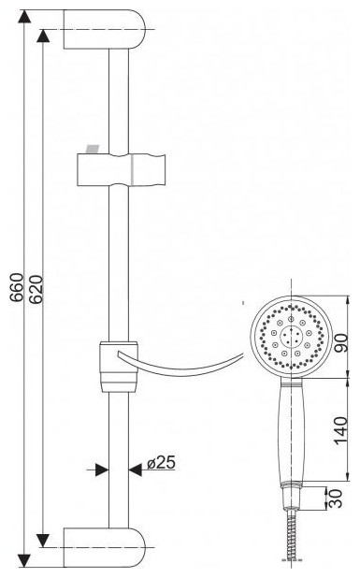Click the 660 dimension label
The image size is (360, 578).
click(17, 288)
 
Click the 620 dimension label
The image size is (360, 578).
click(36, 289)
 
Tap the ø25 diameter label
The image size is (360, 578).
click(161, 463)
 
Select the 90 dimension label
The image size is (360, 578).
click(341, 343)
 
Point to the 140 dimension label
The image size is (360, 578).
click(341, 430)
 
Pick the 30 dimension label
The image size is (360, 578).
click(336, 499)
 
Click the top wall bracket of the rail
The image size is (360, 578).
click(105, 29)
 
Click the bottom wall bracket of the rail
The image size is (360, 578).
click(105, 547)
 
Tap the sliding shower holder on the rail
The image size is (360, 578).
click(121, 170)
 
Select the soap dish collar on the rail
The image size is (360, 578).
click(119, 367)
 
